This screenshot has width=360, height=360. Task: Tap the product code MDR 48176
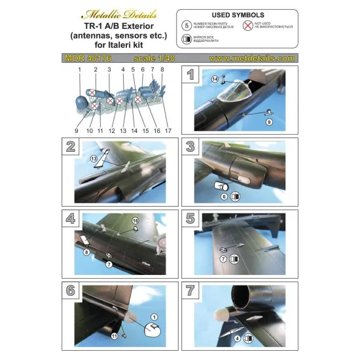coord(92,58)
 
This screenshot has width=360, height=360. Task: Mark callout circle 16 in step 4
coord(135,221)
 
